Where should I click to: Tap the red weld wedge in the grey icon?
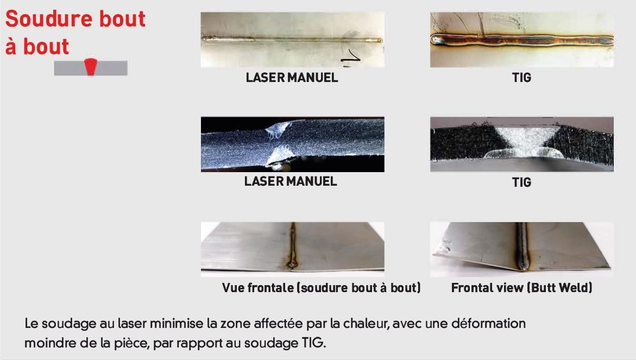coord(90,67)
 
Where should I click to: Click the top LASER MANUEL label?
coord(292,78)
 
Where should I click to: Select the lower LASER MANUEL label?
coord(291,181)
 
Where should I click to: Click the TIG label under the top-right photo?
coord(521,78)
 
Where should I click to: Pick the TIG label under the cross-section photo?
coord(521,182)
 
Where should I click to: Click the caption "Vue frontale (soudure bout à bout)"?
coord(322,288)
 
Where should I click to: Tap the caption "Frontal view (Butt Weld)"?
coord(521,288)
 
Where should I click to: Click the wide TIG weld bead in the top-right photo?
coord(521,40)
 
